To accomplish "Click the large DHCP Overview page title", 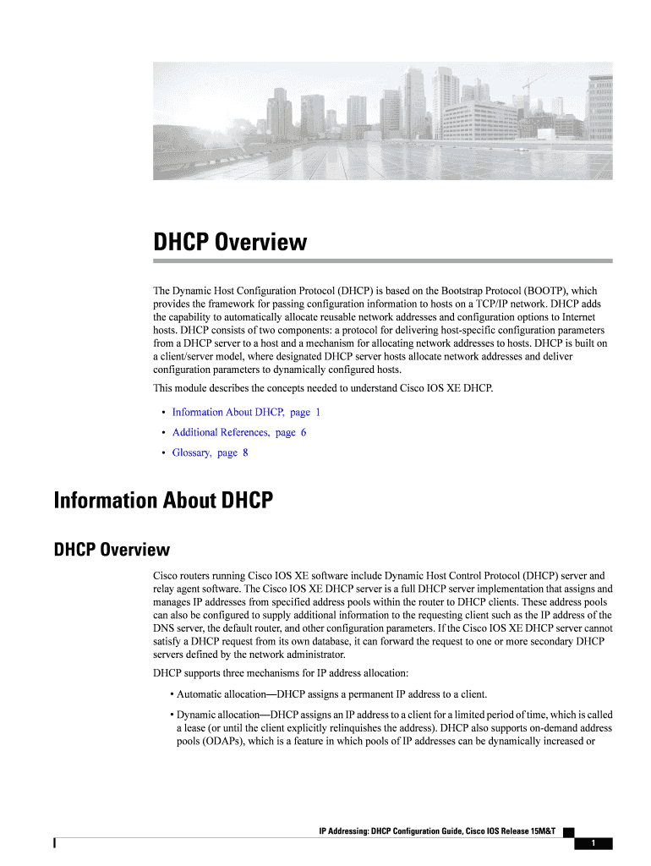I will [230, 243].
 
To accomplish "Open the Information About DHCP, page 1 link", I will [246, 412].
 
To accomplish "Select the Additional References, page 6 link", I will [239, 432].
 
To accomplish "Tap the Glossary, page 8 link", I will [210, 452].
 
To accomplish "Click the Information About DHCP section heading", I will [163, 501].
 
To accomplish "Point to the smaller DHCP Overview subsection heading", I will [112, 551].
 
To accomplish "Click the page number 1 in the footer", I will [594, 843].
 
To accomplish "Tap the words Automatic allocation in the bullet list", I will [222, 694].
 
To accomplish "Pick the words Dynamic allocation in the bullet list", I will [220, 715].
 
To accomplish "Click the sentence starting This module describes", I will [322, 388].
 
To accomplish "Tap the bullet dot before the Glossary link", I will [162, 453].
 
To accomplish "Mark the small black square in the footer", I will [568, 832].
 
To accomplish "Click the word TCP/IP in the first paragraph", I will [505, 304].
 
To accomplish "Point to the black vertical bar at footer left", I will [55, 843].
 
